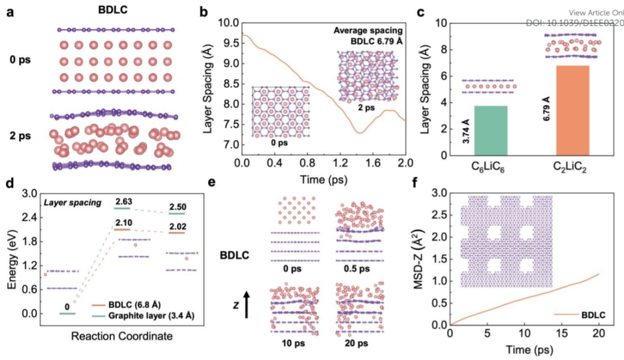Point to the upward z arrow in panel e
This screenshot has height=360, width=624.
247,304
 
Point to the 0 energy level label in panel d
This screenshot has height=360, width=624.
68,306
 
